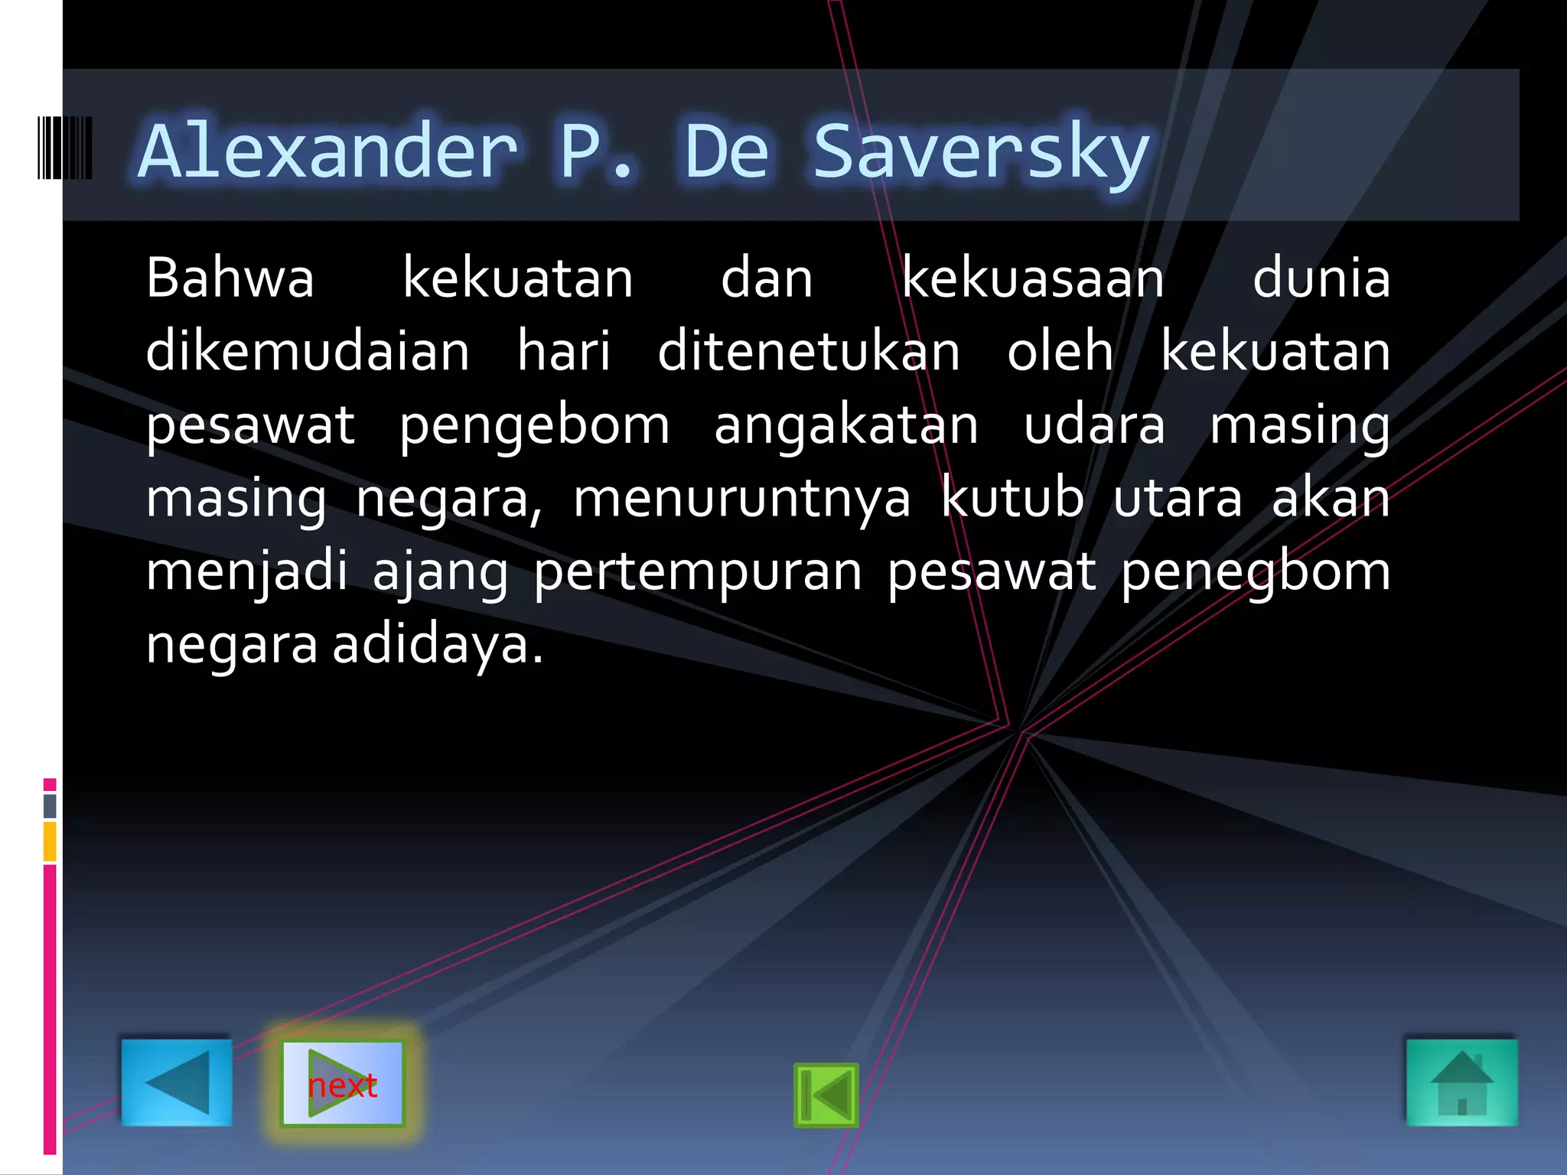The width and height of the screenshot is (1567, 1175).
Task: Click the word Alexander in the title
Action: (x=329, y=151)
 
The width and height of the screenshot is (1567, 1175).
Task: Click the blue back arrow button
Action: (x=177, y=1082)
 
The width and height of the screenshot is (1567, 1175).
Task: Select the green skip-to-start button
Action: (x=826, y=1095)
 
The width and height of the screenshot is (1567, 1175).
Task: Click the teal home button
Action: (x=1461, y=1082)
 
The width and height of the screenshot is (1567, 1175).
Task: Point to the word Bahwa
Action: (x=230, y=278)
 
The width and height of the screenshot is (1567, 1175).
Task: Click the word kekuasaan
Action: (x=1033, y=278)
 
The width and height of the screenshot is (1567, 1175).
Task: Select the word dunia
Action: (x=1321, y=278)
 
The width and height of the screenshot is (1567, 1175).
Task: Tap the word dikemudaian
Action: (x=308, y=351)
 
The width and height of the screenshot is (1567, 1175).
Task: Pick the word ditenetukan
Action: (x=809, y=351)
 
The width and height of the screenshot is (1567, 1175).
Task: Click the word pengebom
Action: (x=534, y=425)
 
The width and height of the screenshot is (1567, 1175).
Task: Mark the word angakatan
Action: (x=846, y=425)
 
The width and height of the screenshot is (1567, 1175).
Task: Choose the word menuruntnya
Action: (x=742, y=499)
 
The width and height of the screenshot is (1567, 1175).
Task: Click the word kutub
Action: (x=1012, y=499)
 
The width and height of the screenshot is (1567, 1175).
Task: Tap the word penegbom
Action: (x=1255, y=572)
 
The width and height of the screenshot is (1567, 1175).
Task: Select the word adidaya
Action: (x=438, y=644)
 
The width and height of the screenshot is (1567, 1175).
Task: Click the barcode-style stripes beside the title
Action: (x=65, y=148)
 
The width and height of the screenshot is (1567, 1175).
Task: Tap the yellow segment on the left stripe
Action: (x=50, y=841)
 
